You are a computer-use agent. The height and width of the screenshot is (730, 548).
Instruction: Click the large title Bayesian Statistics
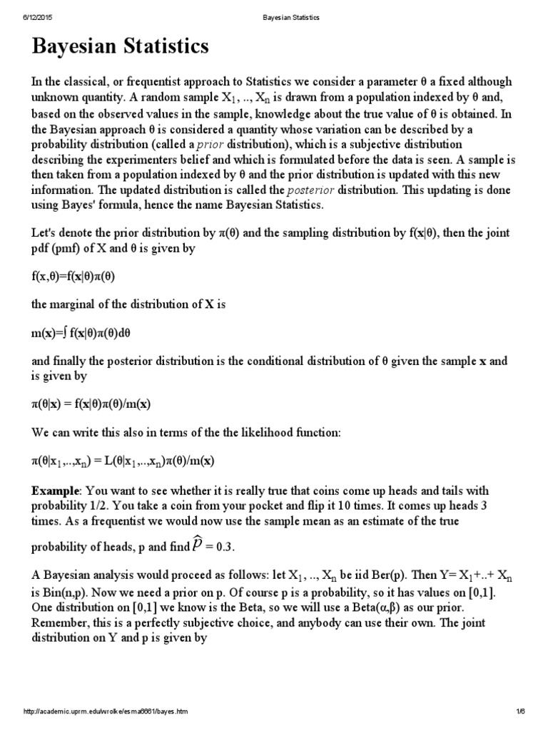(121, 48)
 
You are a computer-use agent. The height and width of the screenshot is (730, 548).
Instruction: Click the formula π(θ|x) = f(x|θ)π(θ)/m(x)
(91, 404)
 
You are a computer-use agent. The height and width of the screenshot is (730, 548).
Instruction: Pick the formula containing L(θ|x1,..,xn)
(123, 461)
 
